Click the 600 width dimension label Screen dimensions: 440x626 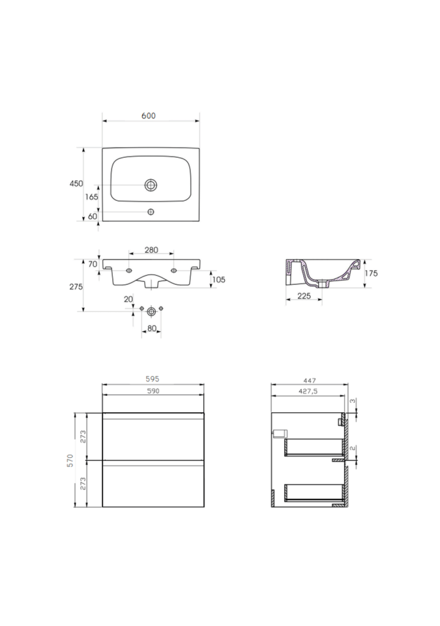click(149, 116)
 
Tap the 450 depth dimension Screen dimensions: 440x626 click(76, 184)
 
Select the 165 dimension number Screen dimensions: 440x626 click(91, 197)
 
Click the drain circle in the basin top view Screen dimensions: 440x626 click(151, 185)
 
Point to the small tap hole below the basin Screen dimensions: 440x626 click(151, 211)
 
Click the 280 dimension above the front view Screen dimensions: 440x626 click(151, 250)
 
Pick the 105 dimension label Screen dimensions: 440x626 click(218, 280)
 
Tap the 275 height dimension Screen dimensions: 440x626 click(76, 287)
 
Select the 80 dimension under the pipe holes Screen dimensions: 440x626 click(152, 329)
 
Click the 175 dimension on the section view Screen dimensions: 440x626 click(371, 273)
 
